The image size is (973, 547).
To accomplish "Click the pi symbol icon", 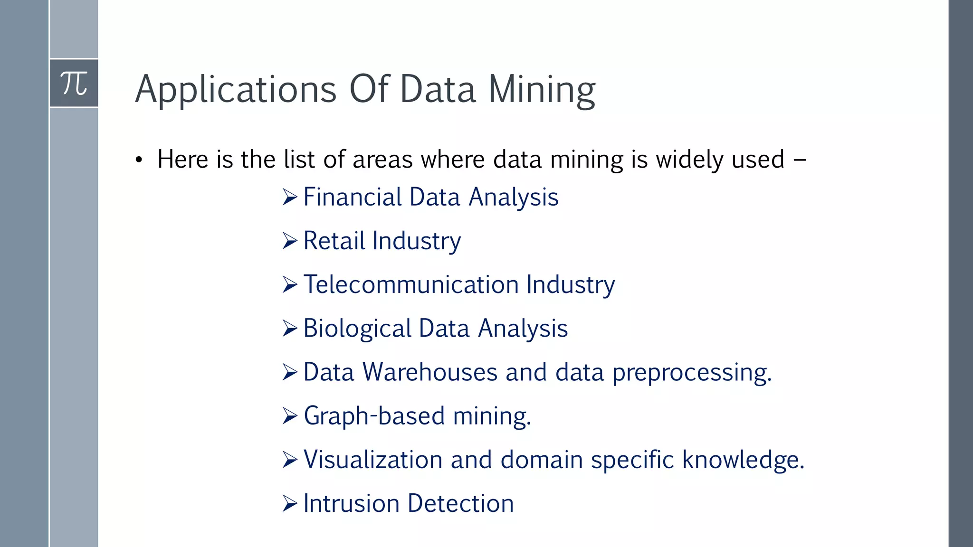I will pos(74,84).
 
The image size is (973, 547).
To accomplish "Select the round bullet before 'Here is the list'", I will pos(138,160).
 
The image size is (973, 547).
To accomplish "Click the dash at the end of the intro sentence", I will pos(800,160).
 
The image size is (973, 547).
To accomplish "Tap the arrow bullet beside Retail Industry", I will pos(289,241).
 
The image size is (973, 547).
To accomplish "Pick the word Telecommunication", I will pos(411,284).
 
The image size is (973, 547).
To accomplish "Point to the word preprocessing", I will pos(692,373).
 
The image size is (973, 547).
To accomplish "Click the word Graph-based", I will pos(374,416).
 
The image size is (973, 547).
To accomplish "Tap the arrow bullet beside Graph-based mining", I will pos(289,416).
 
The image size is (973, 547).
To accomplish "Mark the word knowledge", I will pos(743,460).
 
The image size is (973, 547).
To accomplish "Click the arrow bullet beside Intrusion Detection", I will pos(289,503).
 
